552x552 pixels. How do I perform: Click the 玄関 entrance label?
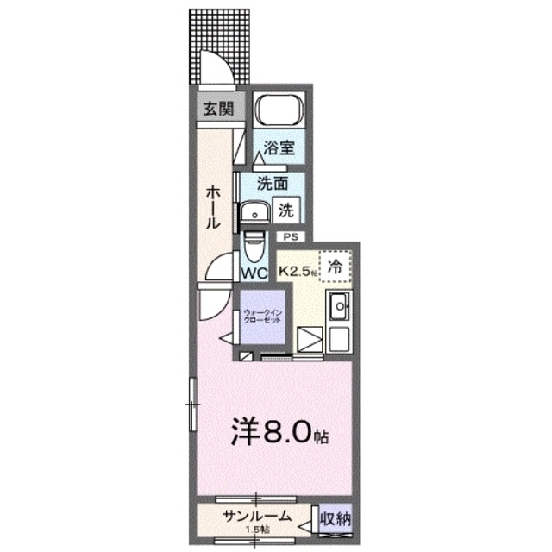point(217,109)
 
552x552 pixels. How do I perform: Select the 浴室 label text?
point(279,147)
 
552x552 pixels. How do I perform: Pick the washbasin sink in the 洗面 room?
point(254,212)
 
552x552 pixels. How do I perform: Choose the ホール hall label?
point(210,208)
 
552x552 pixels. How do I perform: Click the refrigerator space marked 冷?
point(336,267)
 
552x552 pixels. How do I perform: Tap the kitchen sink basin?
point(339,305)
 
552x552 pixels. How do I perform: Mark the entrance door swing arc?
point(211,65)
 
